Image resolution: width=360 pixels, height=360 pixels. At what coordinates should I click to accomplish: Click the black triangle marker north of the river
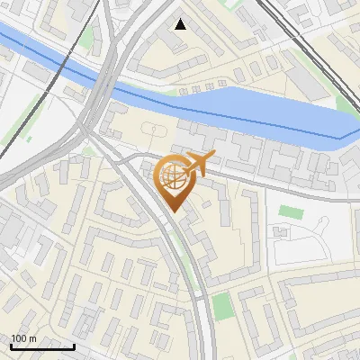coord(181,24)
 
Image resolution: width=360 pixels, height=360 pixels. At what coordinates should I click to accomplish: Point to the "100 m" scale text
coord(23,338)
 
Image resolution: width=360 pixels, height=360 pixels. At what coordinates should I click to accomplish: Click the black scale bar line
coord(42,346)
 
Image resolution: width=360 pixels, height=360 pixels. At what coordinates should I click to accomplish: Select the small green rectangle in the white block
coord(290,211)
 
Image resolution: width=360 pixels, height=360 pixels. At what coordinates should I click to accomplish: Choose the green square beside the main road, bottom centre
coord(222,305)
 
